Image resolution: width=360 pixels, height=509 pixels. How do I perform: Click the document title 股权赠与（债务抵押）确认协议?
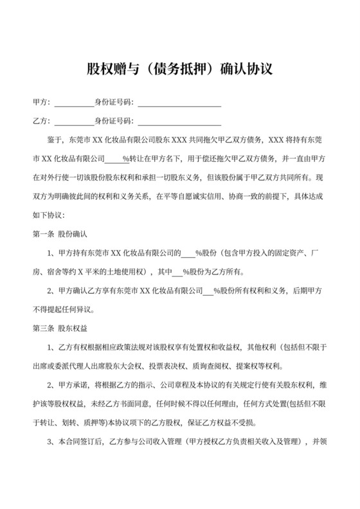tap(180, 69)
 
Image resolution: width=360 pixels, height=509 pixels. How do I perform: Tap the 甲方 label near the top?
tap(39, 103)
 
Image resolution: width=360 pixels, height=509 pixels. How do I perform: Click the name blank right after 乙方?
tap(73, 121)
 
